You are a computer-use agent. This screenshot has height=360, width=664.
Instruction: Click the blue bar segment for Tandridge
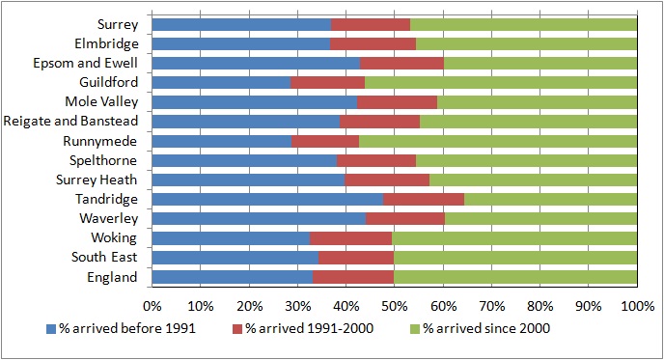coord(267,199)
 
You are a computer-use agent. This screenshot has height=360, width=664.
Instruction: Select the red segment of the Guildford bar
coord(328,83)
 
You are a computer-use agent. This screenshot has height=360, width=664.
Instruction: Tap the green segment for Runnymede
coord(498,141)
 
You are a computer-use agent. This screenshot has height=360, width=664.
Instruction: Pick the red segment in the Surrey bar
coord(371,24)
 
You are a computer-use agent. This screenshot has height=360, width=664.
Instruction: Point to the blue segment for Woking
coord(231,238)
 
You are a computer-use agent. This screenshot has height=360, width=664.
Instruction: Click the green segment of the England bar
coord(515,277)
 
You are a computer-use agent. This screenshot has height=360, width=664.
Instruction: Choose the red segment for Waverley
coord(405,218)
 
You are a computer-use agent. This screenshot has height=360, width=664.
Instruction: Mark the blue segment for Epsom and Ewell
coord(256,63)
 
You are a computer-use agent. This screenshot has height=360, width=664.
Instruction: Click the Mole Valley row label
coord(101,102)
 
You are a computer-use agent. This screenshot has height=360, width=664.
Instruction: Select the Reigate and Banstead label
coord(70,122)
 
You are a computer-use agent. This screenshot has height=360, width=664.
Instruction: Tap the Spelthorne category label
coord(103,160)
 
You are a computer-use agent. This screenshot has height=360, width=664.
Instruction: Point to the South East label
coord(104,257)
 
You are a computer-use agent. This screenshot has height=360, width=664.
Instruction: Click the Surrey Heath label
coord(97,180)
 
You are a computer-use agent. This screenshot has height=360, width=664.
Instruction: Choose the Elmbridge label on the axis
coord(107,43)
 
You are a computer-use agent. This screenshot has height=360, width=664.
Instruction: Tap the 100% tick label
coord(638,306)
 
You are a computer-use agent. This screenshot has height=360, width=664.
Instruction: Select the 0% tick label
coord(152,306)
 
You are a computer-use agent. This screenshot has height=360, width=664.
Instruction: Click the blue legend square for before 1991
coord(51,329)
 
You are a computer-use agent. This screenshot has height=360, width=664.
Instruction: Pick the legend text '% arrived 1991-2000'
coord(310,328)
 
